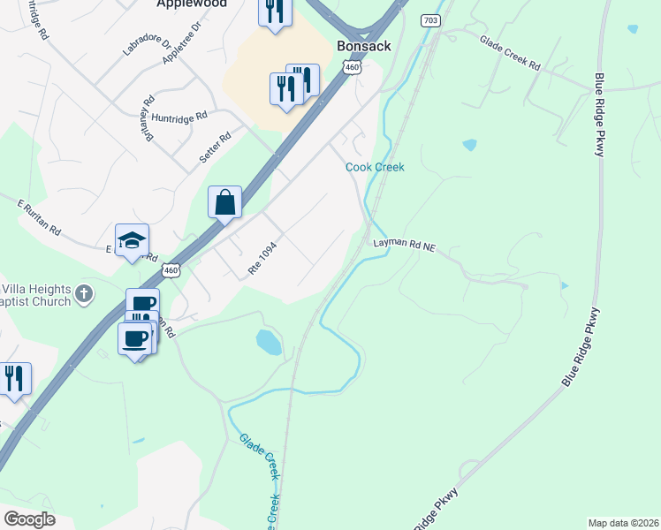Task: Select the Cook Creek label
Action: coord(375,167)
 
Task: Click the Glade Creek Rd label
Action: coord(510,52)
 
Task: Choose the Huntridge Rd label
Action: coord(179,116)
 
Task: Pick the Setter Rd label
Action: coord(215,147)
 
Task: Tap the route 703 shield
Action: coord(430,20)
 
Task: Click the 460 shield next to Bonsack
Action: coord(352,67)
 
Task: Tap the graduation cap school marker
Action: coord(132,240)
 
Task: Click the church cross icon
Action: coord(84,293)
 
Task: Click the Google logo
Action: coord(29,519)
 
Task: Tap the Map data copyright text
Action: coord(623,522)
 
